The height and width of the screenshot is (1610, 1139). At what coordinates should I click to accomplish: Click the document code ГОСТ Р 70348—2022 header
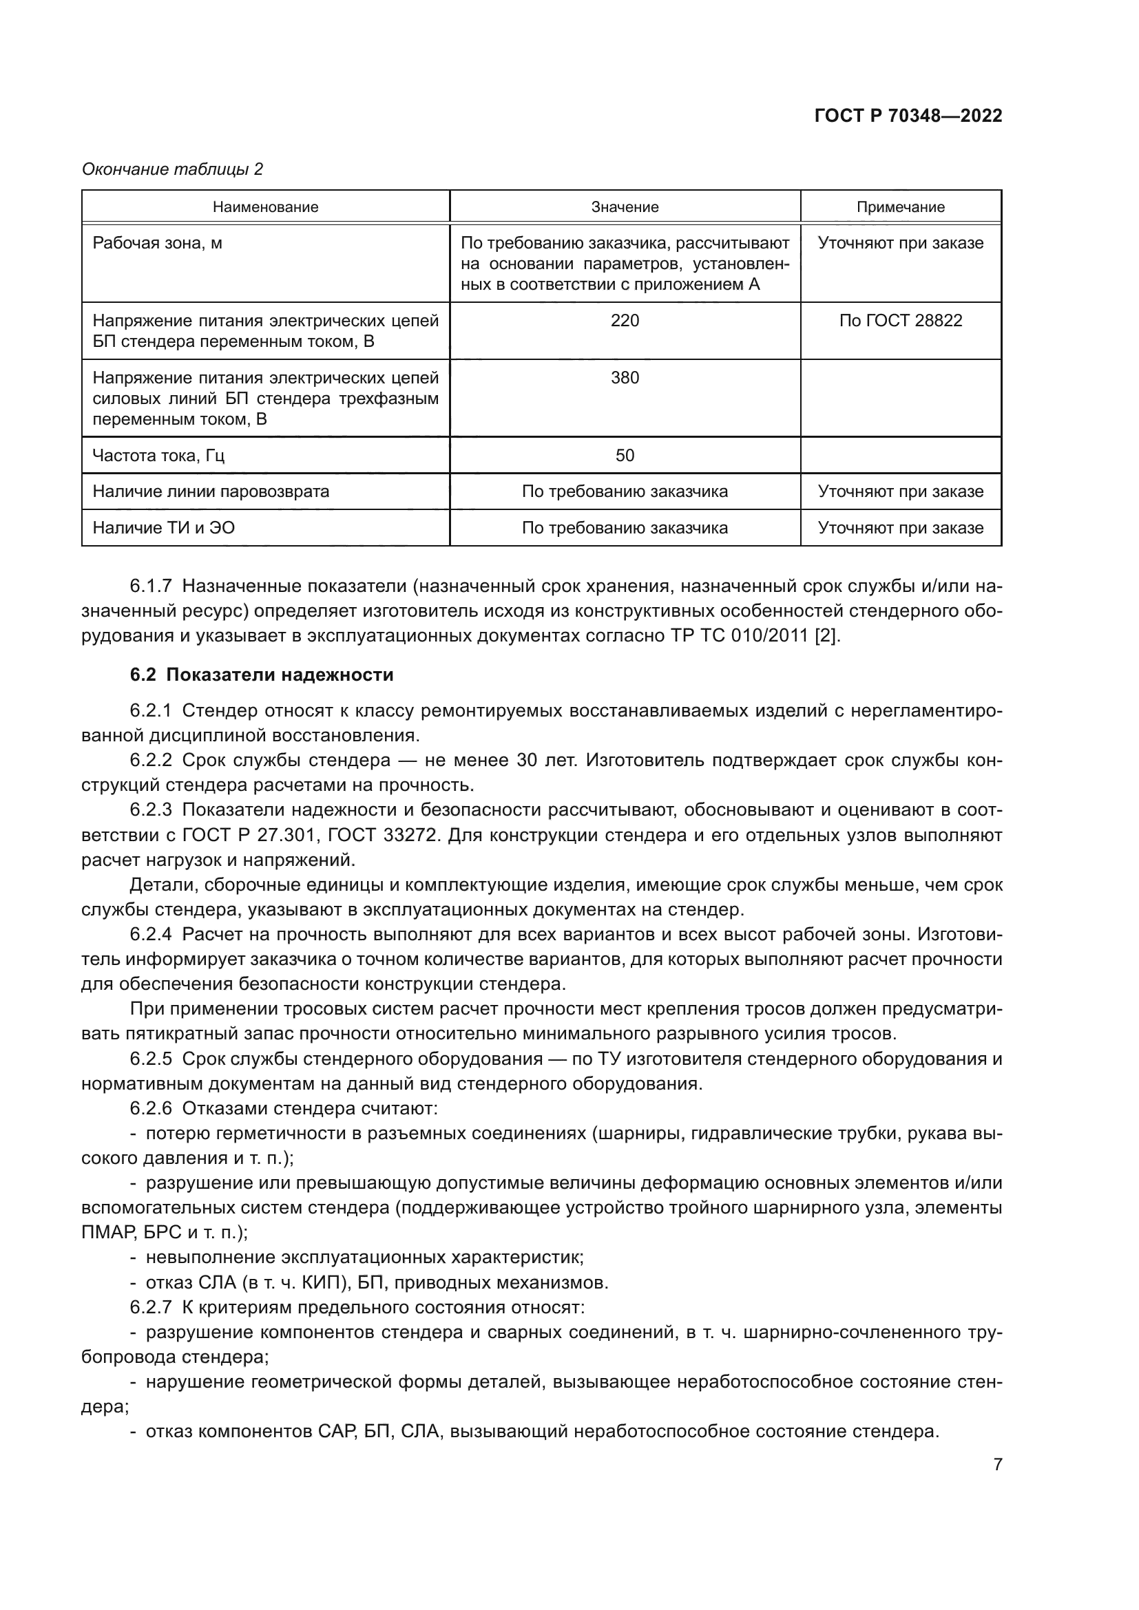click(x=908, y=116)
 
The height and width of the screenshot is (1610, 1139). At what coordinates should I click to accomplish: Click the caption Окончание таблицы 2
click(x=172, y=169)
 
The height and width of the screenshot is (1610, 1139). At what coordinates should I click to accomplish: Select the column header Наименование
click(x=265, y=207)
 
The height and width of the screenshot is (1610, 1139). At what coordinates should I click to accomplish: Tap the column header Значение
click(x=624, y=207)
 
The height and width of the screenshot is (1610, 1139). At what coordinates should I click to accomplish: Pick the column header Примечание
click(x=900, y=207)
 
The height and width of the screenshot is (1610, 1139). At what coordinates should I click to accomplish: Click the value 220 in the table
click(x=624, y=321)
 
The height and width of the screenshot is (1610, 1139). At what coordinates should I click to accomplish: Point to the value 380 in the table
click(x=624, y=378)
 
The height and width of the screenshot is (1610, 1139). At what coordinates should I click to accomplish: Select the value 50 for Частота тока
click(x=624, y=456)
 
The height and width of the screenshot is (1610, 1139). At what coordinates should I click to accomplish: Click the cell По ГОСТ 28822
click(x=900, y=321)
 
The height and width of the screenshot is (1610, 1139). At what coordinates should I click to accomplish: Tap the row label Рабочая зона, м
click(x=157, y=243)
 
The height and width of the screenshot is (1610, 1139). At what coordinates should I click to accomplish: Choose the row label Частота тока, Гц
click(x=158, y=456)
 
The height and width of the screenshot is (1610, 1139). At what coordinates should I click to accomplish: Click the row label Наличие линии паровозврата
click(x=211, y=491)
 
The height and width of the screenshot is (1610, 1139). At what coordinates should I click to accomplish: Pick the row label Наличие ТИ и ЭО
click(x=163, y=528)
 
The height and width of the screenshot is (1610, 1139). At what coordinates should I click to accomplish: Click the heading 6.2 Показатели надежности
click(x=262, y=675)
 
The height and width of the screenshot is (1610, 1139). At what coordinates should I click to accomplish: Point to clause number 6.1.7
click(x=151, y=586)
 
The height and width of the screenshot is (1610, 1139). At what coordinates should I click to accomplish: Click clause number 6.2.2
click(x=151, y=760)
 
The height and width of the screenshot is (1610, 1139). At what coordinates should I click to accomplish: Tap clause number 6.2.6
click(x=151, y=1109)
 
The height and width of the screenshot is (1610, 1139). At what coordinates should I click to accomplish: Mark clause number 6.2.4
click(x=151, y=934)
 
